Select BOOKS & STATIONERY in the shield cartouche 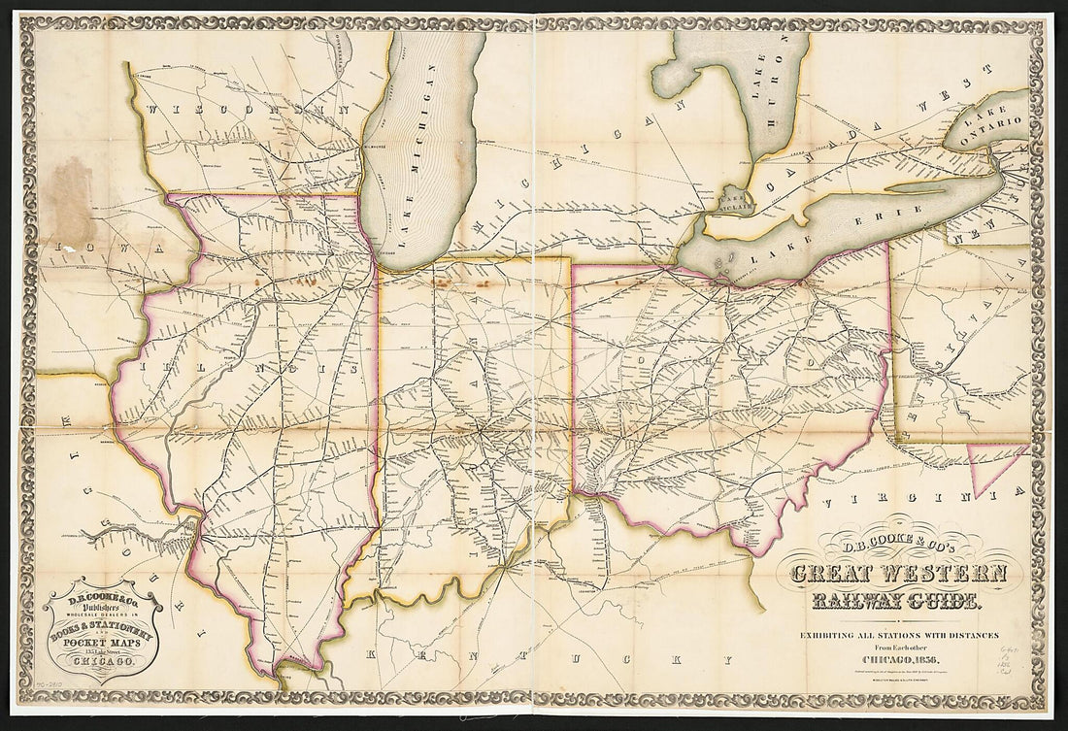[x=102, y=632]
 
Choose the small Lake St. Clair [x=729, y=199]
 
